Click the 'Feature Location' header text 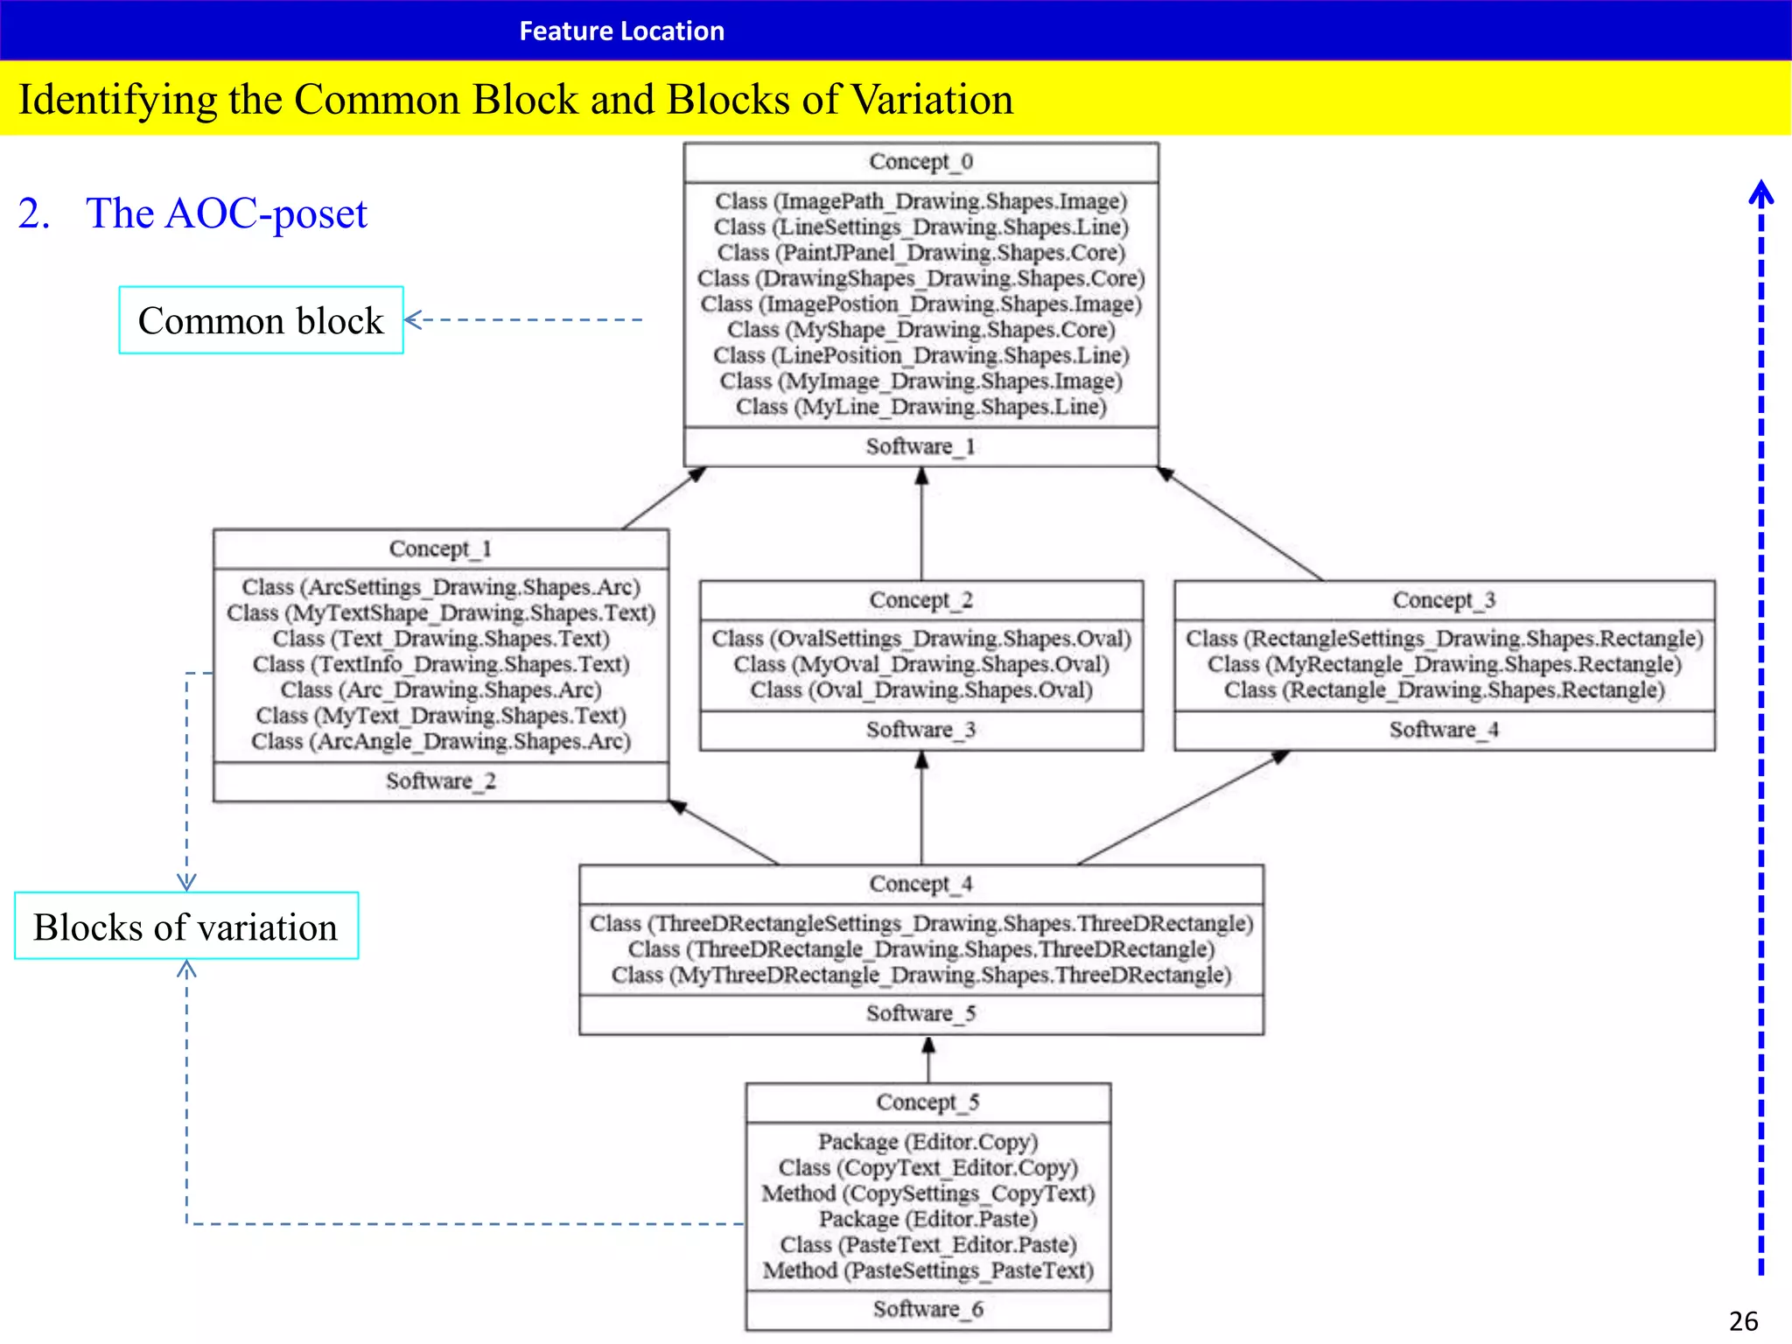coord(621,31)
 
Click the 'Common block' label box coord(261,320)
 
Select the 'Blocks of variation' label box coord(185,927)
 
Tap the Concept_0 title coord(920,162)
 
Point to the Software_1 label coord(920,447)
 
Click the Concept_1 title coord(440,549)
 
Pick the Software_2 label coord(440,781)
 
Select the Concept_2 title coord(920,600)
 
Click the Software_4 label coord(1444,730)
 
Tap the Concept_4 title coord(920,884)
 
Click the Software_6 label coord(927,1310)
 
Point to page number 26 coord(1743,1320)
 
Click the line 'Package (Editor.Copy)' coord(927,1142)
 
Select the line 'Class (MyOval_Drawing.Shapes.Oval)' coord(920,665)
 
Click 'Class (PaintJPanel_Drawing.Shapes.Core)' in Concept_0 coord(920,253)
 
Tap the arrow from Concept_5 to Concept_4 coord(928,1060)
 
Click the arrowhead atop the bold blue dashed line coord(1760,191)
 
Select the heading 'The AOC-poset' coord(226,213)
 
